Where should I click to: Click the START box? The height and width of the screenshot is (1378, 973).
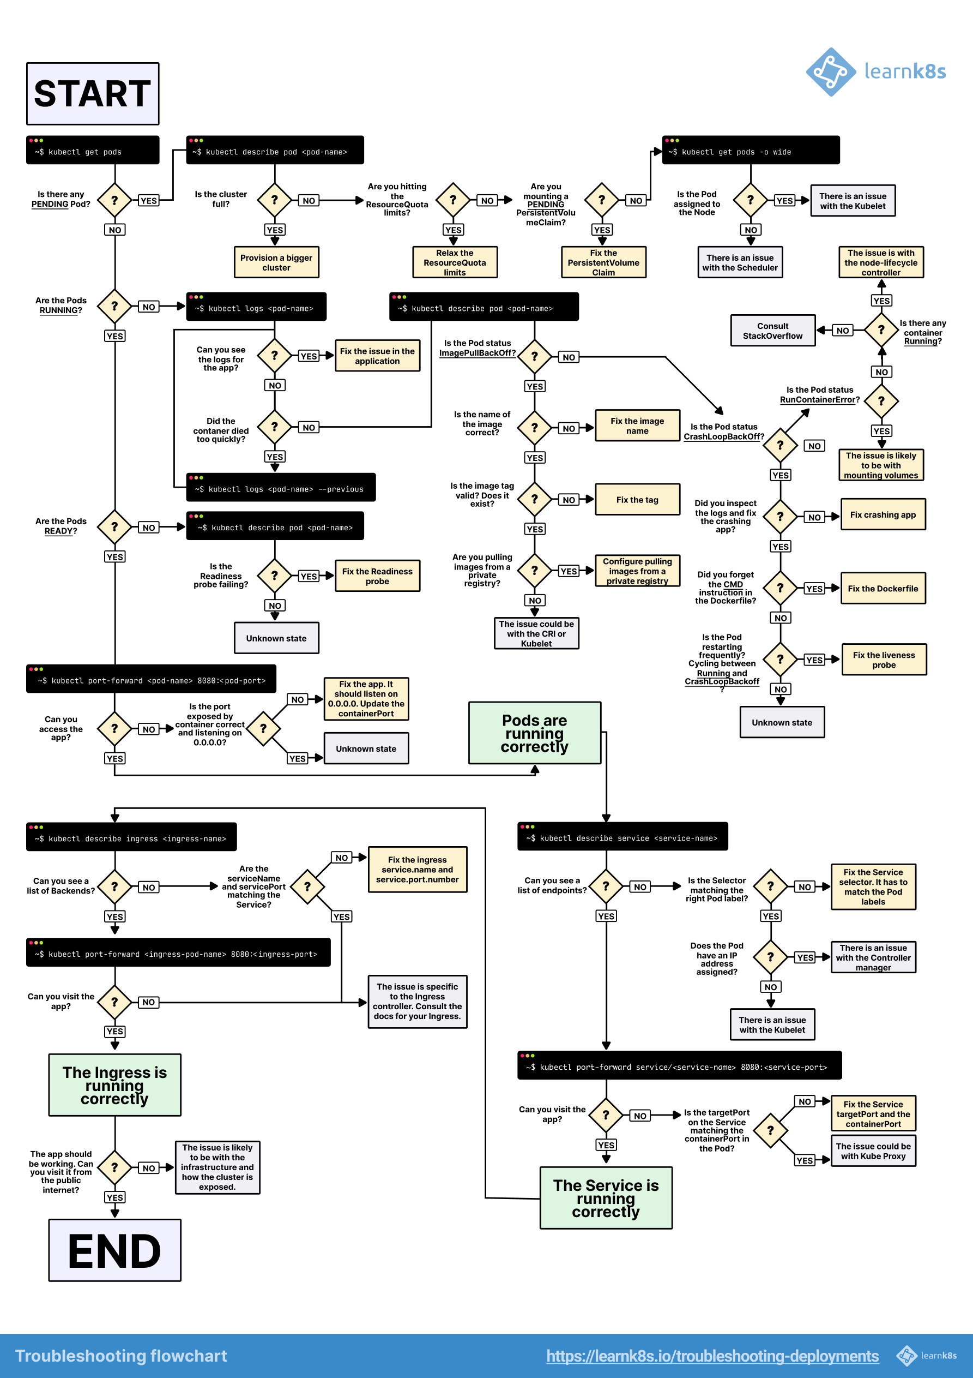(x=92, y=94)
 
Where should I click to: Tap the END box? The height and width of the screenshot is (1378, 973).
(x=114, y=1251)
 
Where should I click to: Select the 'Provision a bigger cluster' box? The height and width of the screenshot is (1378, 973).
(x=276, y=262)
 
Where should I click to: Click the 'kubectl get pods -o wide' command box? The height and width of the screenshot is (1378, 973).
(x=750, y=151)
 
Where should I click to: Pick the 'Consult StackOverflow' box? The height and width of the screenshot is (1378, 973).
(x=772, y=331)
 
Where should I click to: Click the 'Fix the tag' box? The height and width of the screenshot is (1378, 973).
(x=637, y=499)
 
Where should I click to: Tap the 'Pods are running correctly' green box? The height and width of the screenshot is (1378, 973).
(x=535, y=733)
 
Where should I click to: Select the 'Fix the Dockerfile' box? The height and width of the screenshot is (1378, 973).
(x=883, y=589)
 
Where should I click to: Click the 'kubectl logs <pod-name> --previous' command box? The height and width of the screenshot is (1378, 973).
(x=281, y=488)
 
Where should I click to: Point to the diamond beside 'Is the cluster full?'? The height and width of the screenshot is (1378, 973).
(x=274, y=200)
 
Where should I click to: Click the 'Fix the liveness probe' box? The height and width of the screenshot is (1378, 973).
(x=884, y=660)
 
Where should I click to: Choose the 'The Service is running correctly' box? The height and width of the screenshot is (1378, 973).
(x=606, y=1198)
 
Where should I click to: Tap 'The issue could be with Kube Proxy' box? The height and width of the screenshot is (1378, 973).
(x=873, y=1151)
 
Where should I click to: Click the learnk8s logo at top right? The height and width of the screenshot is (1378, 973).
(x=876, y=72)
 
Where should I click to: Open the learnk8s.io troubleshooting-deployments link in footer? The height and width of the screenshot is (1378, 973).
(x=712, y=1356)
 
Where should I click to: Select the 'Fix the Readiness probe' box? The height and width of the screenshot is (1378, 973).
(x=377, y=576)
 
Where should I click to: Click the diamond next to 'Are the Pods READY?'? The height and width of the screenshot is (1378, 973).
(x=114, y=527)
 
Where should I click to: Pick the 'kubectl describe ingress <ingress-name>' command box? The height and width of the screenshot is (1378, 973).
(x=131, y=837)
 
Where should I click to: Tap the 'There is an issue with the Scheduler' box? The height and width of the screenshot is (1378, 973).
(x=740, y=262)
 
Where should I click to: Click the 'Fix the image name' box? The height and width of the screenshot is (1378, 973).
(x=637, y=426)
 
